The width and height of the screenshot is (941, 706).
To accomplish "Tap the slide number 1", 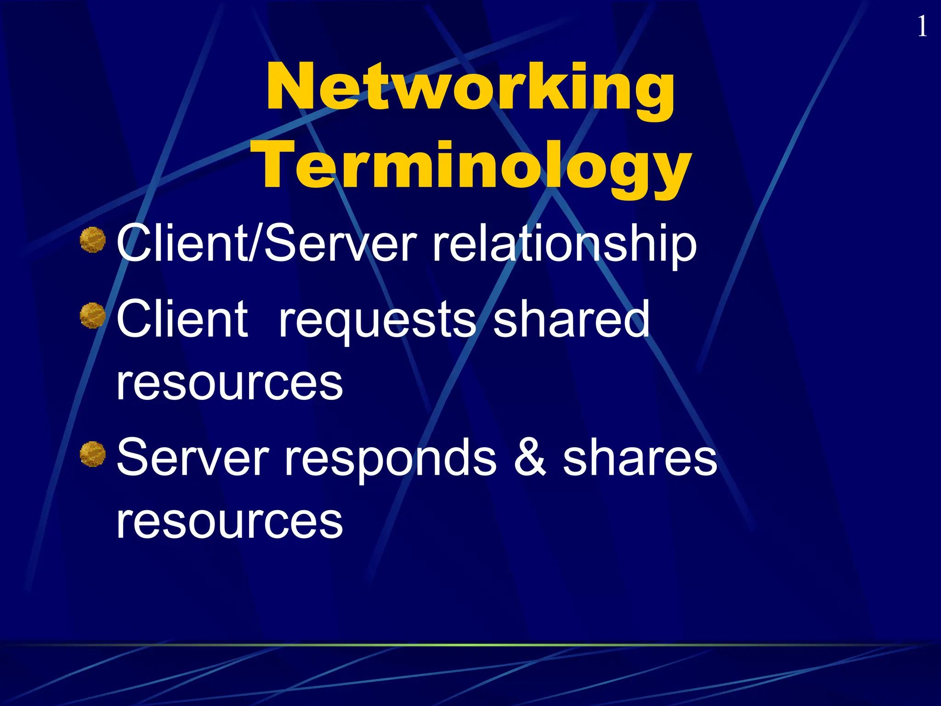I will pyautogui.click(x=922, y=27).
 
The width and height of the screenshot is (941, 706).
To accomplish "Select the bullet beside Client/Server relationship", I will pyautogui.click(x=93, y=240).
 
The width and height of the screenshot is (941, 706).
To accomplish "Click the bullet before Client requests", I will pyautogui.click(x=93, y=316).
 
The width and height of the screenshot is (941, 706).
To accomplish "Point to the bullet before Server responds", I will pyautogui.click(x=93, y=454).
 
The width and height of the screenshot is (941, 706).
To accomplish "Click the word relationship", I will pyautogui.click(x=564, y=244).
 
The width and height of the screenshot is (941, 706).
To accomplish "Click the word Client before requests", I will pyautogui.click(x=182, y=319).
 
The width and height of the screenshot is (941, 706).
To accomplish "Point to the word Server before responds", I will pyautogui.click(x=193, y=457).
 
